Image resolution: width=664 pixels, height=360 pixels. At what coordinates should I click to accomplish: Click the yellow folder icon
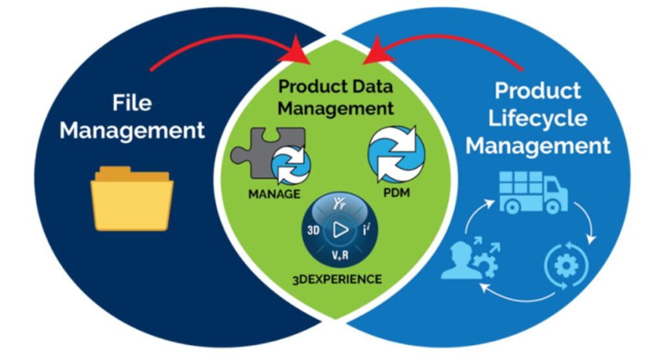[132, 198]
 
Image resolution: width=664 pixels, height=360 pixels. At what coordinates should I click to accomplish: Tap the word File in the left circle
[132, 102]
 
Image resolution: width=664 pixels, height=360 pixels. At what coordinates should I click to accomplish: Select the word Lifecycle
[538, 118]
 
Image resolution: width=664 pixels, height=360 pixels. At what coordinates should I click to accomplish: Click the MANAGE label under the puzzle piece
[274, 194]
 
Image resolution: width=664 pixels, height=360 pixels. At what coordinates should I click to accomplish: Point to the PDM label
[396, 193]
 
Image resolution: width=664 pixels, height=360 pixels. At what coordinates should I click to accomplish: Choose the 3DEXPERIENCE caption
[337, 280]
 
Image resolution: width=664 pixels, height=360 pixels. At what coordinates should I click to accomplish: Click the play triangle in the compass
[340, 230]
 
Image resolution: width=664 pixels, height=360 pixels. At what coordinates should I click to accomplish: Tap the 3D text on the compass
[313, 230]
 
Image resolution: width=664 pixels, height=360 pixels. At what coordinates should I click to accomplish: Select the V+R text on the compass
[340, 256]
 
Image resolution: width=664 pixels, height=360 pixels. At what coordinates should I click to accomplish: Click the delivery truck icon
[533, 192]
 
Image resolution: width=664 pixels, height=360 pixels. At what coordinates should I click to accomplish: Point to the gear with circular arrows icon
[565, 265]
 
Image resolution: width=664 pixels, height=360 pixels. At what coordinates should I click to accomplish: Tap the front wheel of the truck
[552, 207]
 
